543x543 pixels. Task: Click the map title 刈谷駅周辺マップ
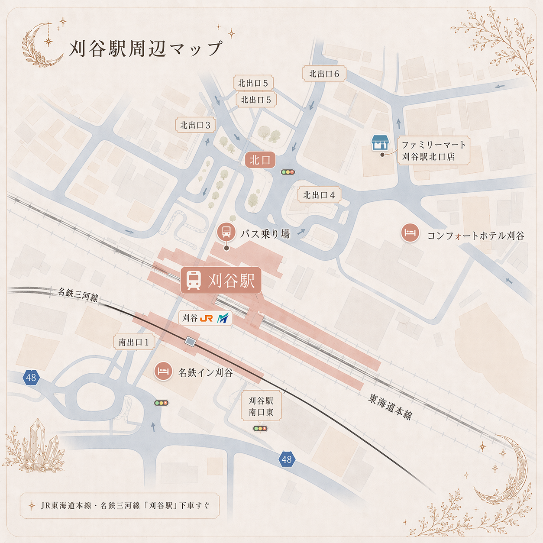click(x=145, y=48)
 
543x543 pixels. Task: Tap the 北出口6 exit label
click(x=324, y=74)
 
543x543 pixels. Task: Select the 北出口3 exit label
click(x=195, y=125)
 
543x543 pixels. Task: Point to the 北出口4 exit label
click(x=319, y=195)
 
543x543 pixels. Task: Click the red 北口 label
click(x=260, y=160)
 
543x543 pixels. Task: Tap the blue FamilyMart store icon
click(x=380, y=142)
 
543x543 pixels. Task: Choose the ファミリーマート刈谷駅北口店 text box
click(x=433, y=151)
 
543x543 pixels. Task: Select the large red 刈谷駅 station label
click(x=221, y=280)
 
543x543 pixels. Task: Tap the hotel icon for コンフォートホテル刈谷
click(x=410, y=233)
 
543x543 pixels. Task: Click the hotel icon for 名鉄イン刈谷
click(x=163, y=371)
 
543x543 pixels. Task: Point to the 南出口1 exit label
click(x=134, y=342)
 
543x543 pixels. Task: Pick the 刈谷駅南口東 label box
click(x=261, y=407)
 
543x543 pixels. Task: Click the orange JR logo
click(x=206, y=318)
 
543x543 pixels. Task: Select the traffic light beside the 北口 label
click(x=288, y=172)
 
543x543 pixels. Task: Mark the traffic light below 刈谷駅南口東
click(x=260, y=429)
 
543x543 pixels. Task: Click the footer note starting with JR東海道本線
click(x=120, y=505)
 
